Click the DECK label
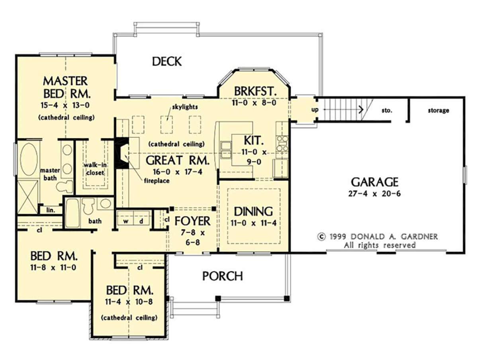point(167,61)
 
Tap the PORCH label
point(223,276)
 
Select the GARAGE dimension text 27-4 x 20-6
point(374,193)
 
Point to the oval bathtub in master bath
point(29,159)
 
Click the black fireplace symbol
point(121,153)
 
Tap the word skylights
point(185,107)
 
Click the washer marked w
point(125,218)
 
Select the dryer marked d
point(141,218)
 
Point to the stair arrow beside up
point(344,109)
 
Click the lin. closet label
point(51,211)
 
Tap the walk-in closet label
point(95,169)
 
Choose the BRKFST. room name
point(255,92)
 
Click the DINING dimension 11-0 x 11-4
point(253,223)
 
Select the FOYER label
point(192,221)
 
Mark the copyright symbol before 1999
point(321,237)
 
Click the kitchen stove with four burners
point(282,144)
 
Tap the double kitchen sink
point(226,150)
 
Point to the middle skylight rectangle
point(167,125)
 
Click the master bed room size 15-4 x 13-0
point(65,105)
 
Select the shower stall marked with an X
point(27,197)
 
